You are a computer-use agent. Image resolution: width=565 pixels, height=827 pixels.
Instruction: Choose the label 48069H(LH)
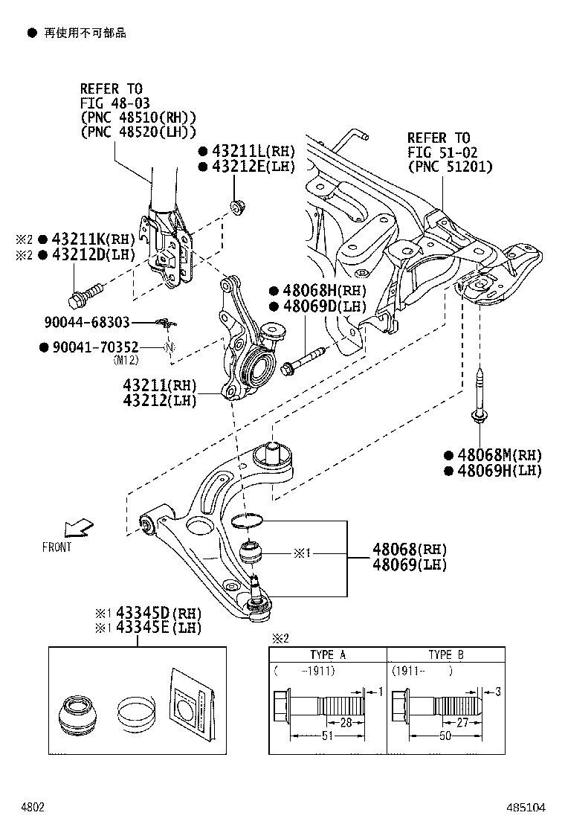(x=499, y=470)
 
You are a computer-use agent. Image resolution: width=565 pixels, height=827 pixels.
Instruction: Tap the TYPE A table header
(x=327, y=655)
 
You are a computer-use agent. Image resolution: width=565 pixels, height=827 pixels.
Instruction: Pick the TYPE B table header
(x=445, y=655)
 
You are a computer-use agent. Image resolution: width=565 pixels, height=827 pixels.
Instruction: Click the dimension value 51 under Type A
(x=326, y=736)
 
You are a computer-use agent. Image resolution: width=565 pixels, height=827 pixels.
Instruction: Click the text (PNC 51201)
(x=450, y=167)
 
